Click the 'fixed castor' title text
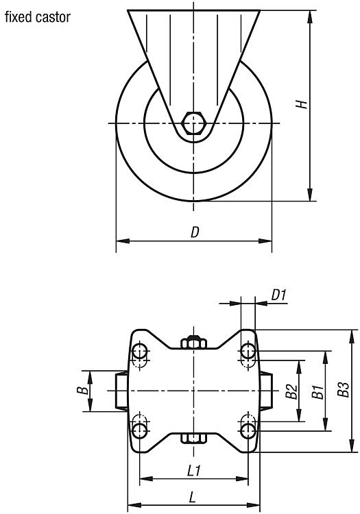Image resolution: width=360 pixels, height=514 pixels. pos(38,17)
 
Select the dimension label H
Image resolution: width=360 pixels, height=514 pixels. pos(301,104)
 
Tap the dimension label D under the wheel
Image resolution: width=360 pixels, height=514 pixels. pos(195,232)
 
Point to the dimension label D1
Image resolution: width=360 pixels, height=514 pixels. pos(278,295)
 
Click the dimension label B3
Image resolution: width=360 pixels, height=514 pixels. pos(344,389)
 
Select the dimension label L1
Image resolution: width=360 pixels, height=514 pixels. pos(194,472)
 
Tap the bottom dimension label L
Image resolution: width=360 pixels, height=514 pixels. pos(193,498)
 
